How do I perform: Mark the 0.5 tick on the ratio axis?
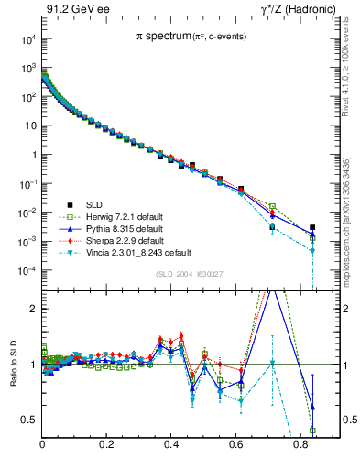(x=29, y=420)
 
